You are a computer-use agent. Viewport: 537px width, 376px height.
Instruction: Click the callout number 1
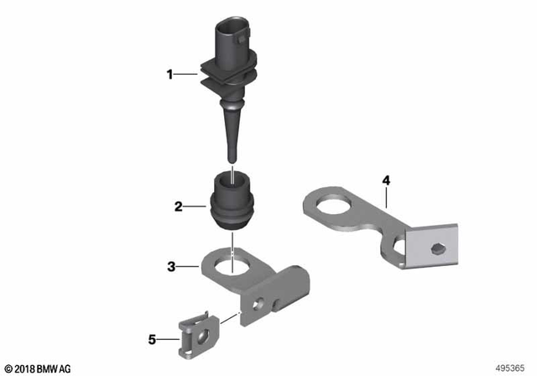(x=170, y=75)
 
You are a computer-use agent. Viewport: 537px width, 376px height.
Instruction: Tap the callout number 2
(x=178, y=205)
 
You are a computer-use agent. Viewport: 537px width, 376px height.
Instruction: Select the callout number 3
(x=170, y=268)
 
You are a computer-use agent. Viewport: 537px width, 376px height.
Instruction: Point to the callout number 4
(x=386, y=180)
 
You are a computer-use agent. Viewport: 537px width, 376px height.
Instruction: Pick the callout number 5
(x=153, y=340)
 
